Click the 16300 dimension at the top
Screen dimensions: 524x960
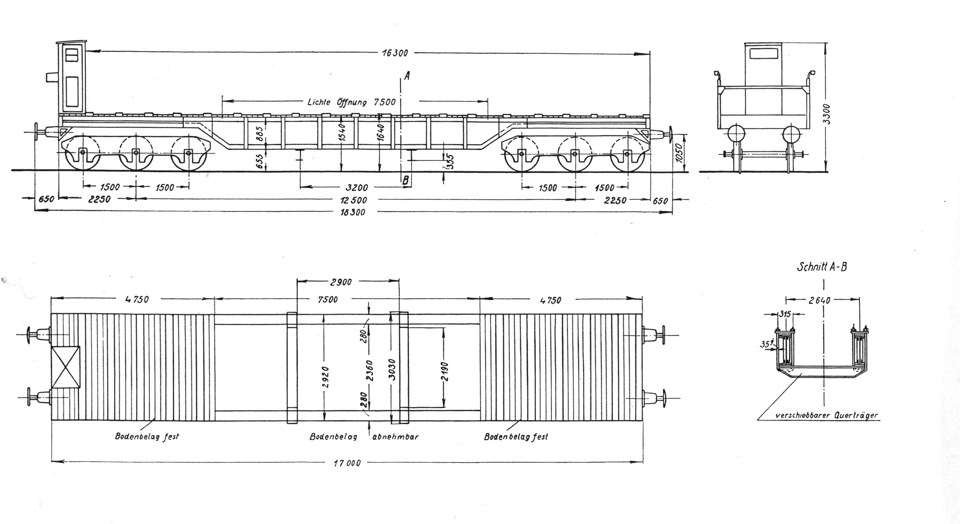[x=395, y=53]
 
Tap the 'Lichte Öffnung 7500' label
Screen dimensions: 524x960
[x=351, y=102]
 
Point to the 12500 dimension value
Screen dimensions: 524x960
[x=354, y=200]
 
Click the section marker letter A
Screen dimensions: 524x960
[x=407, y=76]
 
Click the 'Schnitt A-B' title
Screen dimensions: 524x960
[x=821, y=267]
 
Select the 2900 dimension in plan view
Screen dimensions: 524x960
[x=341, y=282]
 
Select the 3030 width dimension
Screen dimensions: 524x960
[x=392, y=369]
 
